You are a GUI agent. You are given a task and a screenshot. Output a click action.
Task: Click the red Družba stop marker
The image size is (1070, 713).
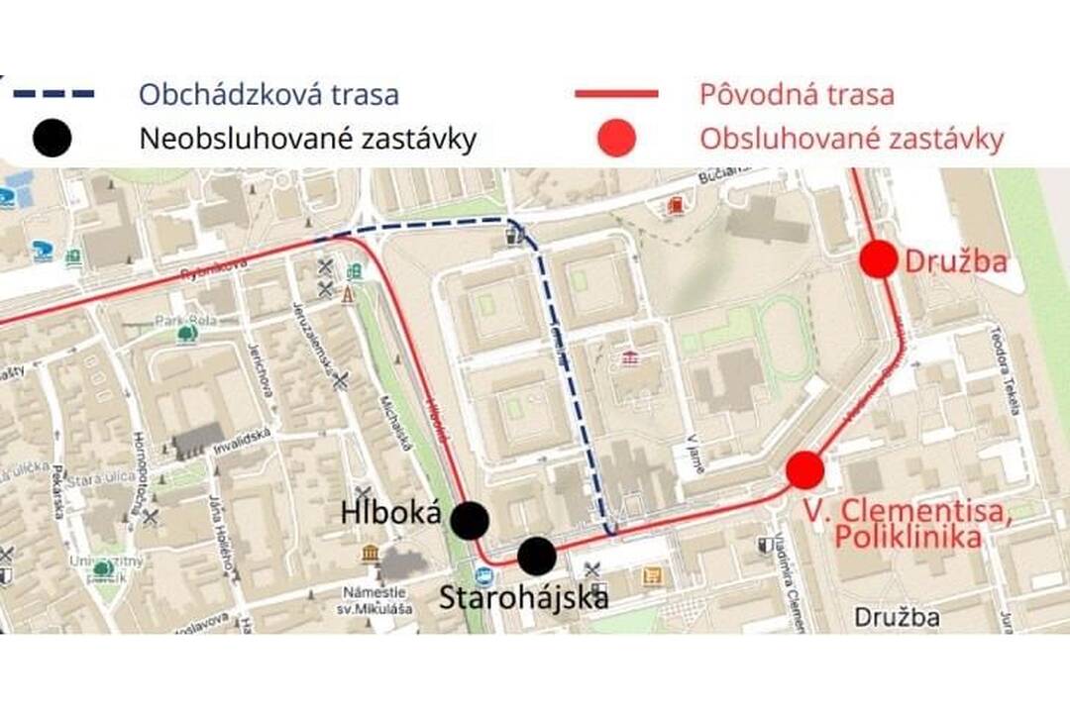878,260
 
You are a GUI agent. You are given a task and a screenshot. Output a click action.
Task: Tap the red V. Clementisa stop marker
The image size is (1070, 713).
804,469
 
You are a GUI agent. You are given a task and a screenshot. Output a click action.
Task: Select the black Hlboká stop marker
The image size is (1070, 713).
470,519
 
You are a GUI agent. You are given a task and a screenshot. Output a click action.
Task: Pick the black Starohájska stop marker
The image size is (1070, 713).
536,556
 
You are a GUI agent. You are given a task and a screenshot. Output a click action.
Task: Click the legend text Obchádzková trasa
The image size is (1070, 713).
268,95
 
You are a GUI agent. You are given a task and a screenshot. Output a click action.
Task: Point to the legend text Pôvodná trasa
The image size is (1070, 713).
797,95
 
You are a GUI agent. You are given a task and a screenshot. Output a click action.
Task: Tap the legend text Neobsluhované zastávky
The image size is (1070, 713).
308,140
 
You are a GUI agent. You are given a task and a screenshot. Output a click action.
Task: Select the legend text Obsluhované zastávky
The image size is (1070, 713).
851,140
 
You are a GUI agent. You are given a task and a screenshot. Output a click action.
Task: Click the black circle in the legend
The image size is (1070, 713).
53,140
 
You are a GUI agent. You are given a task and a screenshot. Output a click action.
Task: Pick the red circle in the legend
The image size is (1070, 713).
616,140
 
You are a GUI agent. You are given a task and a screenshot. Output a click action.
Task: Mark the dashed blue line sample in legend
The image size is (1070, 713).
53,94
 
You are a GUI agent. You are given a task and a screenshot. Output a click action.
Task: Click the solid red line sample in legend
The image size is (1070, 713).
616,94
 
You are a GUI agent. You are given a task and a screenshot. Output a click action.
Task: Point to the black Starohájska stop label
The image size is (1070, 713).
523,598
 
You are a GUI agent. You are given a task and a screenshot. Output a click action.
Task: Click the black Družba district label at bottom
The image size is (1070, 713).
897,618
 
